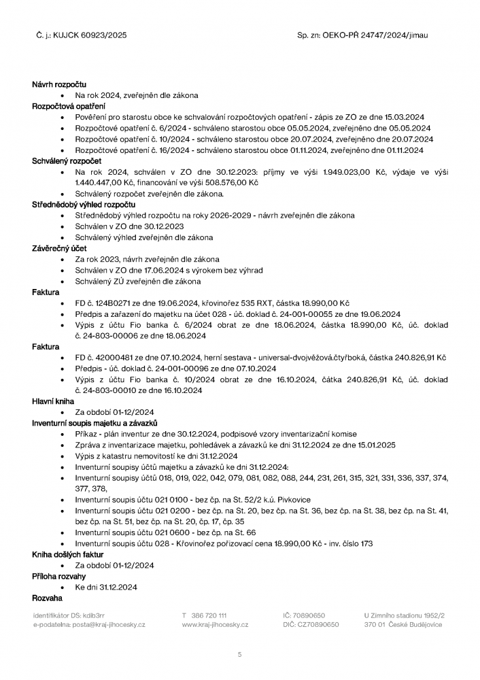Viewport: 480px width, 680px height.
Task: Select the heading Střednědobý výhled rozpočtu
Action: click(84, 204)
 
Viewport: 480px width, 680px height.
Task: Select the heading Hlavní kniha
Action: click(53, 401)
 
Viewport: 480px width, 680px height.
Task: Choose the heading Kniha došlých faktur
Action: click(65, 554)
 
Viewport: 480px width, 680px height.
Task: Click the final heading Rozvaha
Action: click(48, 598)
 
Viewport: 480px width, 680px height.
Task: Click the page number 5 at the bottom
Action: click(240, 655)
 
